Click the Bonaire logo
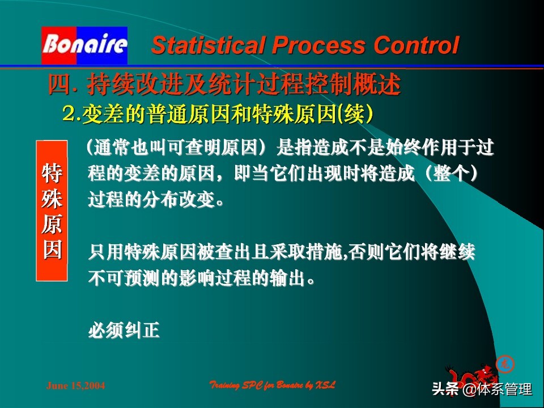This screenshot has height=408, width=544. [84, 45]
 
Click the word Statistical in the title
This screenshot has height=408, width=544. [204, 45]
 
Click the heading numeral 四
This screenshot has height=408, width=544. [58, 86]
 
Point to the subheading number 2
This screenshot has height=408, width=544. [70, 114]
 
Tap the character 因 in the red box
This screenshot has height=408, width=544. [52, 249]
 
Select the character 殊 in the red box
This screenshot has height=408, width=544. [52, 199]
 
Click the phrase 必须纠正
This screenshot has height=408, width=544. [124, 330]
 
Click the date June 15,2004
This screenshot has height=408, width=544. [75, 386]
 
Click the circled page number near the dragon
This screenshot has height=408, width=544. [502, 363]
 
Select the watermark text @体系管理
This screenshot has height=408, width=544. [497, 390]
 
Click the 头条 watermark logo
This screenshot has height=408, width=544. [445, 390]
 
